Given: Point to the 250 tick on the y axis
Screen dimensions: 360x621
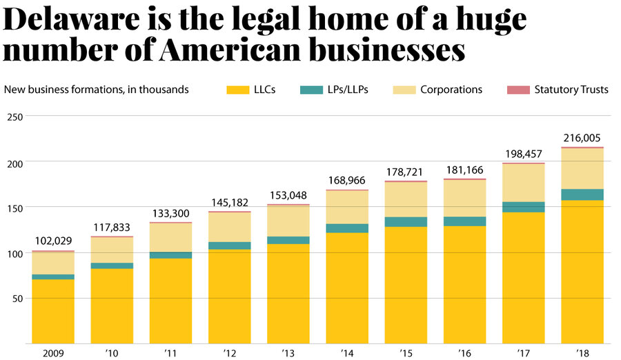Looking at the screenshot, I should pyautogui.click(x=16, y=117).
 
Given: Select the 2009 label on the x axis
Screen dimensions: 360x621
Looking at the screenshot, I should pyautogui.click(x=52, y=352).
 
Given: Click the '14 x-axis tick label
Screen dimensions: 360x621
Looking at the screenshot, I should pyautogui.click(x=347, y=352).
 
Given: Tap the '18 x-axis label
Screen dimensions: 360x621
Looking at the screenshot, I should pyautogui.click(x=582, y=352).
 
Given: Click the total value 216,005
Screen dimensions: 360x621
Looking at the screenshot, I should pyautogui.click(x=582, y=138).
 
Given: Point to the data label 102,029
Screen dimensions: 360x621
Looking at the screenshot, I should pyautogui.click(x=52, y=241).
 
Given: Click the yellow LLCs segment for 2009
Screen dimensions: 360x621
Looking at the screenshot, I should pyautogui.click(x=52, y=311).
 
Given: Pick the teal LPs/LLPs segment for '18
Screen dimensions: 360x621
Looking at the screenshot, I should pyautogui.click(x=582, y=194).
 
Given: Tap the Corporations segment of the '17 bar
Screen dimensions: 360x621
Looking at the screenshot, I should pyautogui.click(x=524, y=183).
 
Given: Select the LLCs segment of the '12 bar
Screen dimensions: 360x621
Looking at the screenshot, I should pyautogui.click(x=230, y=297).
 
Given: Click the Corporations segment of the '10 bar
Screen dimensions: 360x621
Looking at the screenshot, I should pyautogui.click(x=112, y=250).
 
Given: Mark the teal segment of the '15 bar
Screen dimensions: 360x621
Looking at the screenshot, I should pyautogui.click(x=406, y=221).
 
